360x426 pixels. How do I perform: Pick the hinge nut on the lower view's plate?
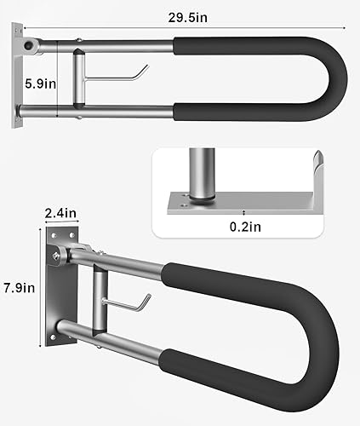[x=59, y=254]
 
